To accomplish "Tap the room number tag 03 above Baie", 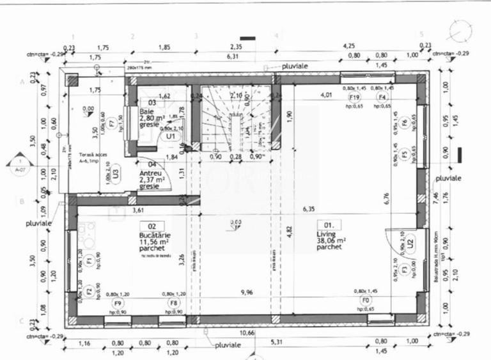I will pos(152,102).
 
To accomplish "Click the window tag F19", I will pos(354,97).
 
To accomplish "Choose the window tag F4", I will pos(382,97).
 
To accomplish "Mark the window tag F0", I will pos(366,299).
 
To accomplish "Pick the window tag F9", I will pos(118,302).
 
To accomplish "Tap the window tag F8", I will pos(173,302).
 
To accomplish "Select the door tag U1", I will pos(170,136).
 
